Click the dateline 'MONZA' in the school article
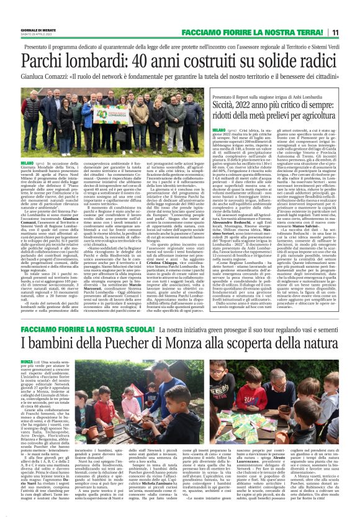pyautogui.click(x=27, y=378)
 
